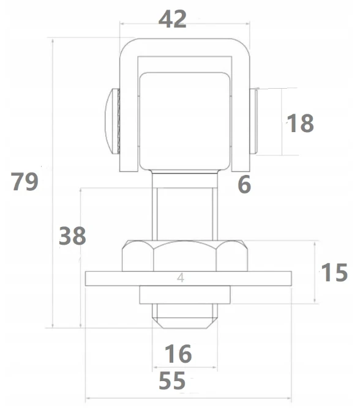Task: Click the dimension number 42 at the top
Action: coord(173,19)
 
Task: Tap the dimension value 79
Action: coord(24,181)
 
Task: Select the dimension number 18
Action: coord(300,123)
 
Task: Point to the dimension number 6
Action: coord(244,184)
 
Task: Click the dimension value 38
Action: coord(72,236)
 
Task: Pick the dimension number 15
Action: coord(334,272)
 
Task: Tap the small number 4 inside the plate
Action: coord(181,278)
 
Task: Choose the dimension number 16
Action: coord(178,354)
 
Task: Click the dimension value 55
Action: coord(172,380)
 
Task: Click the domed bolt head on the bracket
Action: coord(112,121)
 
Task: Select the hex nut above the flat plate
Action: coord(185,256)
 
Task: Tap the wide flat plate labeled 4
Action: coord(189,278)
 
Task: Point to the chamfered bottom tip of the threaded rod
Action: coord(185,322)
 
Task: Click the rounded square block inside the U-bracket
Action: coord(185,121)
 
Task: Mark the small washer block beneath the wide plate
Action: coord(185,295)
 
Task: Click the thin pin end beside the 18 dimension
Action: coord(254,121)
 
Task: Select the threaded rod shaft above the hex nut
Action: coord(185,214)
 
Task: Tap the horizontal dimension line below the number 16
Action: coord(185,367)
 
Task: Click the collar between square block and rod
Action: coord(185,179)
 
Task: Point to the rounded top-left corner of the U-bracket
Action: coord(126,45)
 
